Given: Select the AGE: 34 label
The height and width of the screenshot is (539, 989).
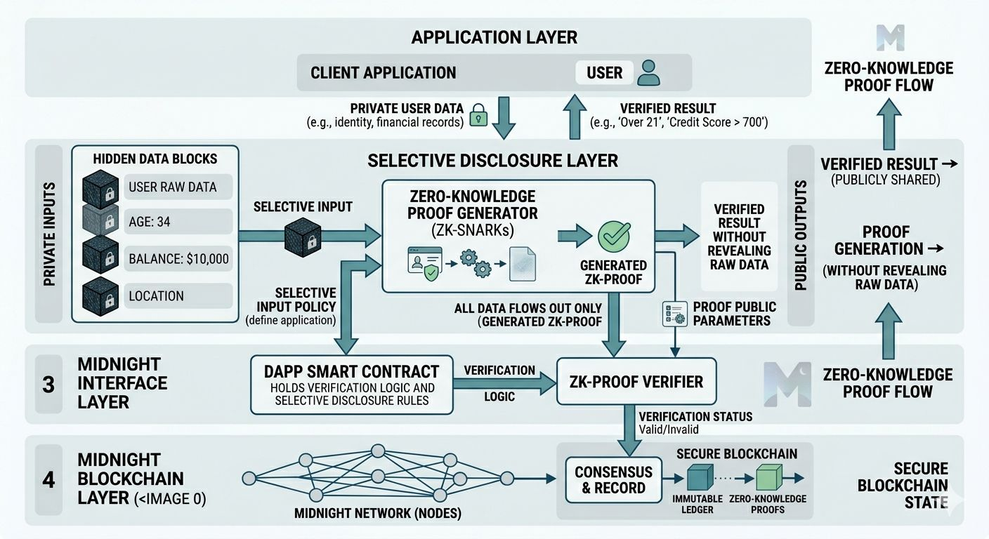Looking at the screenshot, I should tap(149, 222).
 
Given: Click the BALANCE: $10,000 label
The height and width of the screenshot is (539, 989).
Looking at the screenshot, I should tap(178, 258).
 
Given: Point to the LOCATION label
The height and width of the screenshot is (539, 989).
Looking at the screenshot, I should tap(156, 295).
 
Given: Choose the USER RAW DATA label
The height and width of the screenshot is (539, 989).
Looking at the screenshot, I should tap(172, 187).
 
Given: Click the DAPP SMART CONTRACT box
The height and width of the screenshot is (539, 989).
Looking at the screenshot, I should tap(351, 385).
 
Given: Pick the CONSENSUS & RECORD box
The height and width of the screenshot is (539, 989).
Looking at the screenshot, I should tap(613, 479).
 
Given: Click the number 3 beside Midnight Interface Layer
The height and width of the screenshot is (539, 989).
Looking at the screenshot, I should tap(48, 385).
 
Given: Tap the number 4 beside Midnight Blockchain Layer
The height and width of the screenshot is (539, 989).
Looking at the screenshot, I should tap(48, 480).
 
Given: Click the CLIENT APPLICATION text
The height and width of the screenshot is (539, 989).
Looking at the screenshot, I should tap(383, 72).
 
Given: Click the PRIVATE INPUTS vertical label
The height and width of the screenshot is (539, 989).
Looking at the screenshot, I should tap(49, 235).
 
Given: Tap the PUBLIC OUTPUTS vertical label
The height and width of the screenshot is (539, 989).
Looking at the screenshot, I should tap(800, 235).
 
